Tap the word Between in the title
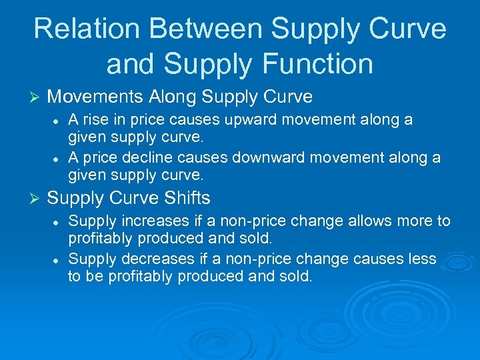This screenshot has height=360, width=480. pyautogui.click(x=193, y=29)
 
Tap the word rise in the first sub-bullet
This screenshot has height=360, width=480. pyautogui.click(x=93, y=120)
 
